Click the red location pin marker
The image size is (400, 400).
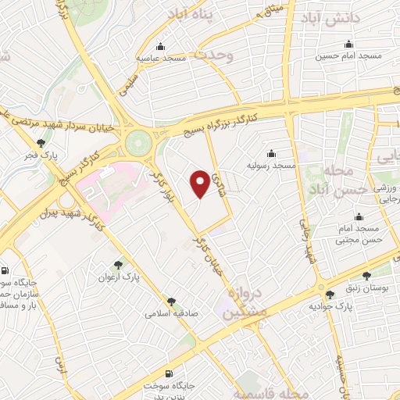pyautogui.click(x=200, y=184)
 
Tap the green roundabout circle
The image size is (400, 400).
pyautogui.click(x=138, y=143)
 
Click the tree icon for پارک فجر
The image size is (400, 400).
pyautogui.click(x=40, y=142)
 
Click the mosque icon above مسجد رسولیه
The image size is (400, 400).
pyautogui.click(x=271, y=153)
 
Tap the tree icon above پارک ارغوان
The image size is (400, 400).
pyautogui.click(x=117, y=265)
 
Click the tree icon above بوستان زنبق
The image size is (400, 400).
pyautogui.click(x=368, y=275)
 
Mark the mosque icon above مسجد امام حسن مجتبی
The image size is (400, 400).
pyautogui.click(x=359, y=216)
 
